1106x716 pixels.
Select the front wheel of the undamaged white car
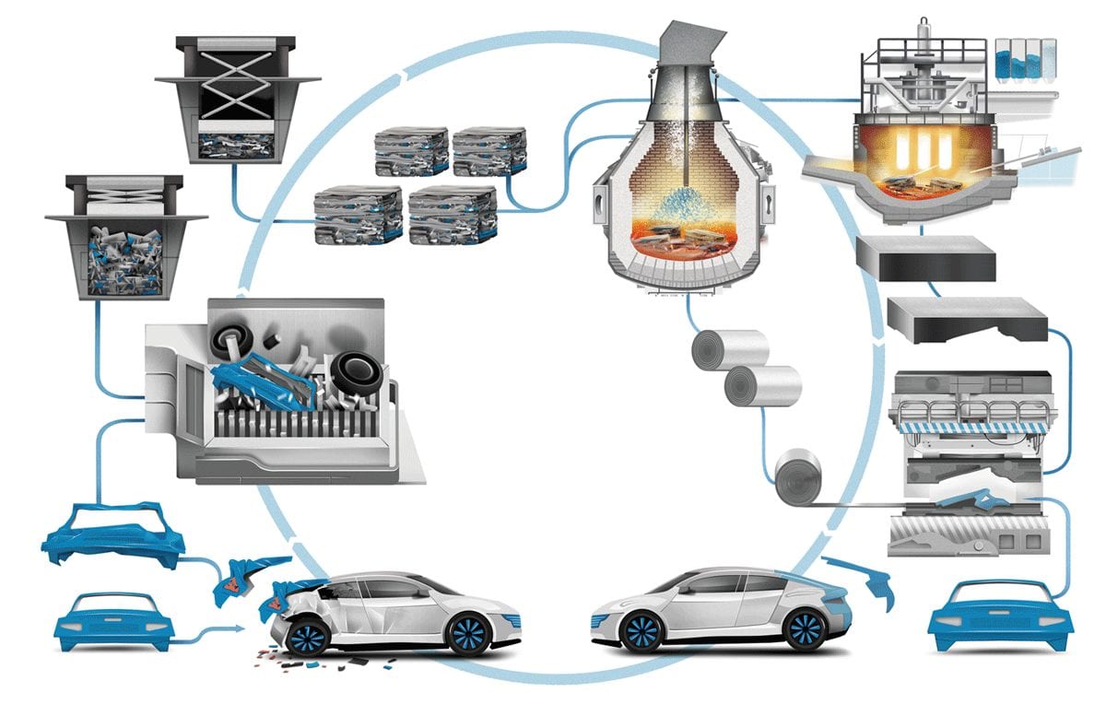click(641, 632)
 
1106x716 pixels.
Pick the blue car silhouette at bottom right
click(1000, 616)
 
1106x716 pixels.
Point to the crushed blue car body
click(112, 534)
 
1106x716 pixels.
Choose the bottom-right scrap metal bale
click(453, 214)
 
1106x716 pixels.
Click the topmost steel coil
click(730, 350)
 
